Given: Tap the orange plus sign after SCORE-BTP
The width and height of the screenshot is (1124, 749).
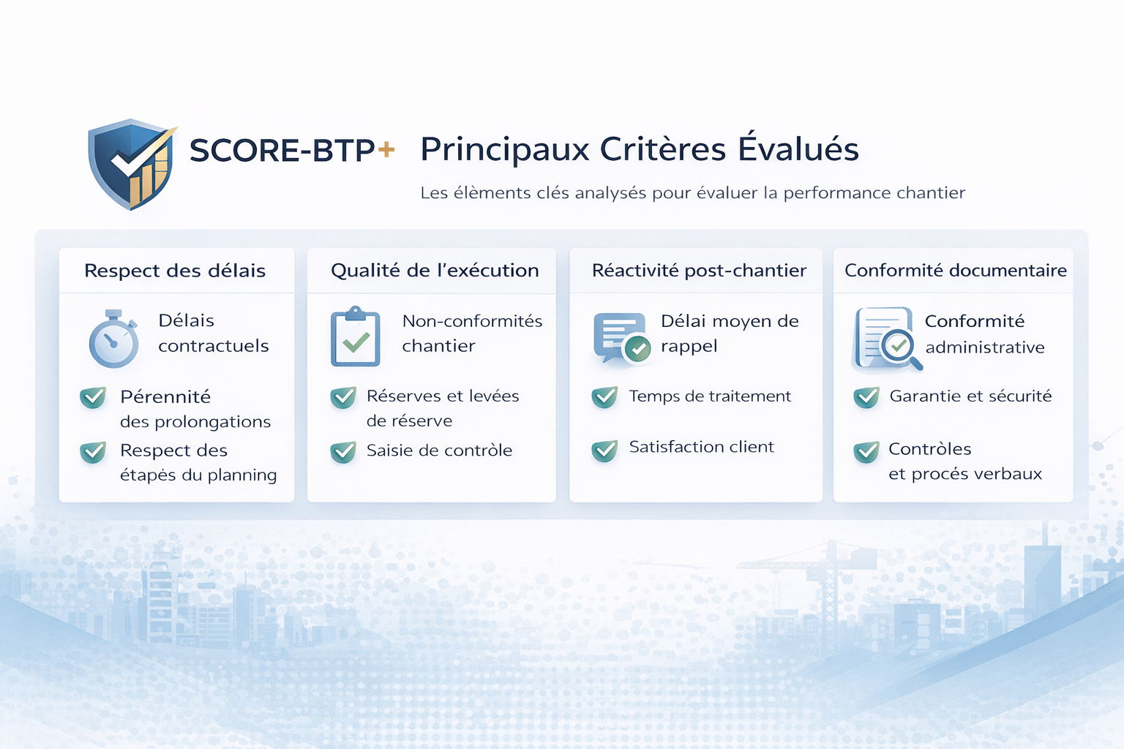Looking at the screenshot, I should coord(386,150).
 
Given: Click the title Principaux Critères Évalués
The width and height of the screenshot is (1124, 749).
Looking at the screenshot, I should coord(639,149).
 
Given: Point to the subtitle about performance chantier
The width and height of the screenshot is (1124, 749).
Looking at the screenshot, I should coord(692,193).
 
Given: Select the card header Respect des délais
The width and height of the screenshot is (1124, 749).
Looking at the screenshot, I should coord(175,271).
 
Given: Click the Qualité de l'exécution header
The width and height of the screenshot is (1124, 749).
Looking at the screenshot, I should coord(435,271).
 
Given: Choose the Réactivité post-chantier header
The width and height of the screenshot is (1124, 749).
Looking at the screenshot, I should coord(699,271).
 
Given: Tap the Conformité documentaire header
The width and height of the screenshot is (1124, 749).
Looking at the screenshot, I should coord(955,271).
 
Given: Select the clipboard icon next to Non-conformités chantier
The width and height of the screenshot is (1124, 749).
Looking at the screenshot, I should coord(356,337).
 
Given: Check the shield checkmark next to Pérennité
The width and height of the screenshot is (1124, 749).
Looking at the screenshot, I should coord(93,397).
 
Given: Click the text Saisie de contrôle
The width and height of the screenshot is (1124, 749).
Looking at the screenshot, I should coord(439,451).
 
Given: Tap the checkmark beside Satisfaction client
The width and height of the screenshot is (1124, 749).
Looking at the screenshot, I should coord(604,450).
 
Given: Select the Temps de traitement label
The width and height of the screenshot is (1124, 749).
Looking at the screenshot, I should coord(710,396).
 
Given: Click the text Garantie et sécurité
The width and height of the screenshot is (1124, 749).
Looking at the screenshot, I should coord(970,396).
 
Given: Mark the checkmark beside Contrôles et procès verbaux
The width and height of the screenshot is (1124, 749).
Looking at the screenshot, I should coord(866,452).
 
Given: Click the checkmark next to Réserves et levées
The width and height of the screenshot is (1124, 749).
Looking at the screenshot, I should coord(343,397).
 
